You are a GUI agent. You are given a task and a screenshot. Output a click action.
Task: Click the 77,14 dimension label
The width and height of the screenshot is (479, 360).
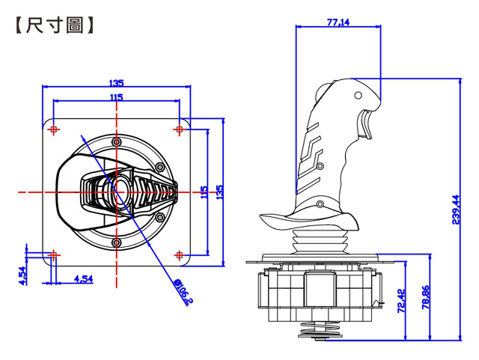pyautogui.click(x=338, y=22)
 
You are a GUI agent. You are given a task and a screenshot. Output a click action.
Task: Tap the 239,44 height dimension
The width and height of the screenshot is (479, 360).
pyautogui.click(x=456, y=210)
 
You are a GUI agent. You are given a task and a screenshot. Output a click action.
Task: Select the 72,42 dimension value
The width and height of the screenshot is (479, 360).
pyautogui.click(x=401, y=301)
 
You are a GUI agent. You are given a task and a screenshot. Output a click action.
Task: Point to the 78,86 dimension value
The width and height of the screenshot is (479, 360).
pyautogui.click(x=426, y=297)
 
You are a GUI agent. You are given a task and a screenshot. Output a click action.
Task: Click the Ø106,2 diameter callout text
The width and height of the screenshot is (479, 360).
pyautogui.click(x=183, y=292)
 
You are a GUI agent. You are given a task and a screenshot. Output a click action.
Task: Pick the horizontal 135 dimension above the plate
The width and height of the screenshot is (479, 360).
pyautogui.click(x=116, y=83)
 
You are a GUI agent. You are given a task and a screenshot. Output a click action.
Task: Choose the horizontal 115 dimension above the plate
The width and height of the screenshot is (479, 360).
pyautogui.click(x=116, y=97)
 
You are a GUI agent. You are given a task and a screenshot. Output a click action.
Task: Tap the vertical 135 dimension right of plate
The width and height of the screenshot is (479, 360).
pyautogui.click(x=219, y=192)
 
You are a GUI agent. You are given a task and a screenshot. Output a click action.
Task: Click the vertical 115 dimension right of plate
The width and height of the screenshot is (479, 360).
pyautogui.click(x=204, y=192)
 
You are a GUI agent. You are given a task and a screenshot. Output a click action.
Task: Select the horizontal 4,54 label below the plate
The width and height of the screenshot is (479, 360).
pyautogui.click(x=83, y=278)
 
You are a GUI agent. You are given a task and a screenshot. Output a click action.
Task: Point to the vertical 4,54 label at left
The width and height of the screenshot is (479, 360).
pyautogui.click(x=22, y=275)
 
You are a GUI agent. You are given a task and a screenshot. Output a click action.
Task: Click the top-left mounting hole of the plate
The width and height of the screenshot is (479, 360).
pyautogui.click(x=54, y=129)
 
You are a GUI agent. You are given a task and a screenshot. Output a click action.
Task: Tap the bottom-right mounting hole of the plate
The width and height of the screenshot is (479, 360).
pyautogui.click(x=180, y=255)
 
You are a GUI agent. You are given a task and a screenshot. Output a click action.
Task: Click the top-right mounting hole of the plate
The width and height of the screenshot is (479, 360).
pyautogui.click(x=180, y=129)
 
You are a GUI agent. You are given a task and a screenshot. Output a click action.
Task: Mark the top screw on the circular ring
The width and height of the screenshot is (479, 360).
pyautogui.click(x=117, y=141)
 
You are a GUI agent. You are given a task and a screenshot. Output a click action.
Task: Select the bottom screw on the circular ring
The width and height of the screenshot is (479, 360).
pyautogui.click(x=117, y=243)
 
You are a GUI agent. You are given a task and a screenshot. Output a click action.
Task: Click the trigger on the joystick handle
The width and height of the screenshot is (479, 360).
pyautogui.click(x=364, y=125)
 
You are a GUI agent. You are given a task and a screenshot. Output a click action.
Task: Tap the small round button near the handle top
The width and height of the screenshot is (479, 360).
pyautogui.click(x=358, y=95)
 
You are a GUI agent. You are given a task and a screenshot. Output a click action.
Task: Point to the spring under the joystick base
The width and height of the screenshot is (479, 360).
pyautogui.click(x=320, y=329)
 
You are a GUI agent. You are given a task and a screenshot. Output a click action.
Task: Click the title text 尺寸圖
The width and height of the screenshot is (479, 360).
pyautogui.click(x=55, y=25)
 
